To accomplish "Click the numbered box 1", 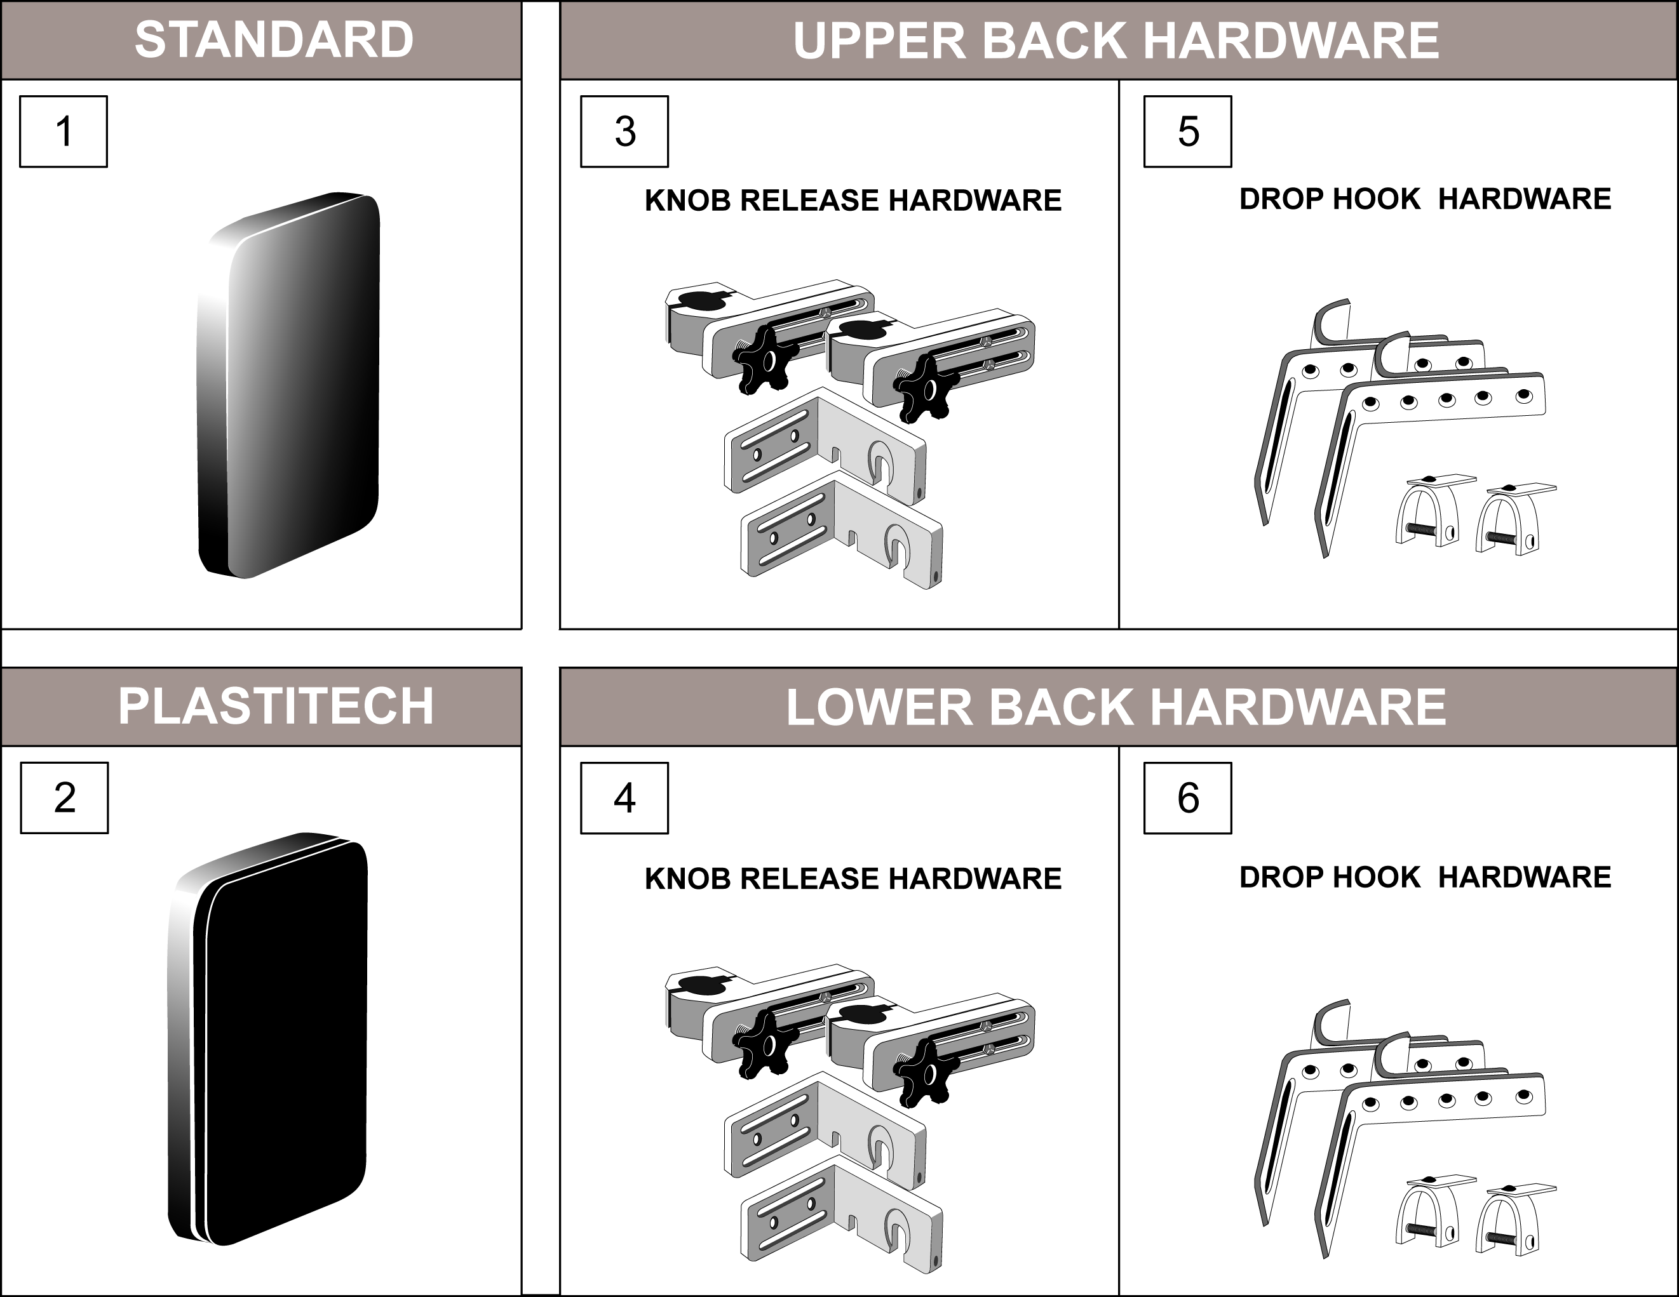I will point(63,131).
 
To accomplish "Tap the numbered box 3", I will point(624,131).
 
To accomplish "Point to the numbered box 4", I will point(624,797).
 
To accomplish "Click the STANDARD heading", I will point(274,40).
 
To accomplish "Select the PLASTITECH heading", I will point(275,706).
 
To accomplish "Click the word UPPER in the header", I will point(879,40).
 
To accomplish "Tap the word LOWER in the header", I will point(879,707).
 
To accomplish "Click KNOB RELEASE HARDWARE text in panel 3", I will point(853,201).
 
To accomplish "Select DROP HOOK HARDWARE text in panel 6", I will point(1424,877).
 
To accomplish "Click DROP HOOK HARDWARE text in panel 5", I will point(1424,199).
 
